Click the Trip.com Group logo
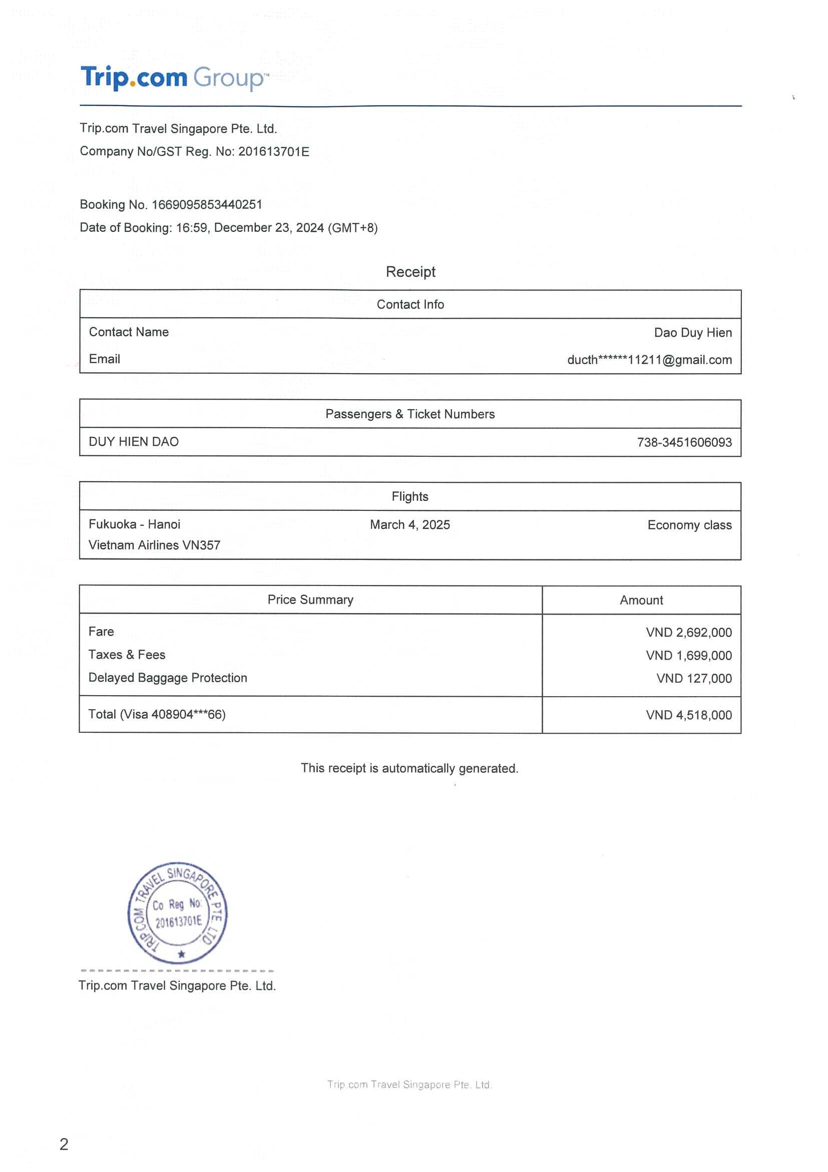172,78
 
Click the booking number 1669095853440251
207,205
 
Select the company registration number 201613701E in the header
273,152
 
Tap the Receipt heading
410,271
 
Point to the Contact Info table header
410,304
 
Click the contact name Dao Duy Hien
692,333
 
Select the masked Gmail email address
649,360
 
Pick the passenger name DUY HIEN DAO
134,442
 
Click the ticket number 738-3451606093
684,443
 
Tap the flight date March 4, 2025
409,525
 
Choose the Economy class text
689,525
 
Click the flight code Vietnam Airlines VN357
154,545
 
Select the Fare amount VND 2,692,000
688,633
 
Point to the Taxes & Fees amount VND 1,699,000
688,656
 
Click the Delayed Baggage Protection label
167,678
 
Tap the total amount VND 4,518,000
688,715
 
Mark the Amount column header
641,601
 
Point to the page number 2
64,1144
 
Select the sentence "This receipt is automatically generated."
409,768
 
